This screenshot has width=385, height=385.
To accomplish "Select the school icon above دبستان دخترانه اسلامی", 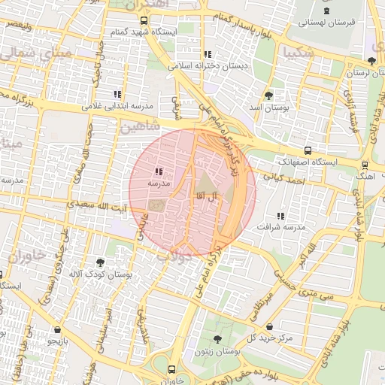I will [x=208, y=54].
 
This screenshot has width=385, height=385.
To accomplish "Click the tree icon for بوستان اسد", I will [x=269, y=95].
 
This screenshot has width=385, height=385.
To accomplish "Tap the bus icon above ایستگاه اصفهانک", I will [x=308, y=150].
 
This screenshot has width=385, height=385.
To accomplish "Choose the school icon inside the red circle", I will [x=159, y=172].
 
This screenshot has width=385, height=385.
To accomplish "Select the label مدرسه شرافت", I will [x=280, y=226].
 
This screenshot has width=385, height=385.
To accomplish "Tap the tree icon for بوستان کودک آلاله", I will [x=99, y=262].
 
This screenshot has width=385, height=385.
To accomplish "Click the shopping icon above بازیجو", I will [x=58, y=329].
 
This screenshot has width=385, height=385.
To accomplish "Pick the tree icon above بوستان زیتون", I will [x=217, y=339].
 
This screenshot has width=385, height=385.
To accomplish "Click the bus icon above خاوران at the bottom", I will [x=172, y=369].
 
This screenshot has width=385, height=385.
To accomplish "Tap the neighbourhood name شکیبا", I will [x=299, y=52].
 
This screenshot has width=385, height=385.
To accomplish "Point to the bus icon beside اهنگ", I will [x=365, y=165].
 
